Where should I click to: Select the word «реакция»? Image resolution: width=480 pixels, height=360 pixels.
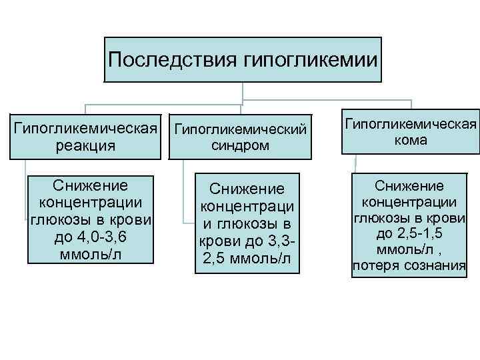click(86, 145)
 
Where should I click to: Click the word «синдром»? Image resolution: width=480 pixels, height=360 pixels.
click(241, 145)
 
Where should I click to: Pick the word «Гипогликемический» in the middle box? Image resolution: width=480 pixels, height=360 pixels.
click(241, 128)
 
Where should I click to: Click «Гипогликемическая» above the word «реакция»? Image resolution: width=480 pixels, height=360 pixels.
click(86, 127)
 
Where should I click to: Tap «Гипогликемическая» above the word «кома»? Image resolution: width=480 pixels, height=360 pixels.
click(411, 124)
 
